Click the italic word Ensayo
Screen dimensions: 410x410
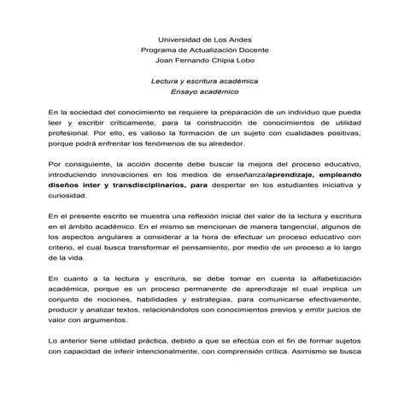185,91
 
